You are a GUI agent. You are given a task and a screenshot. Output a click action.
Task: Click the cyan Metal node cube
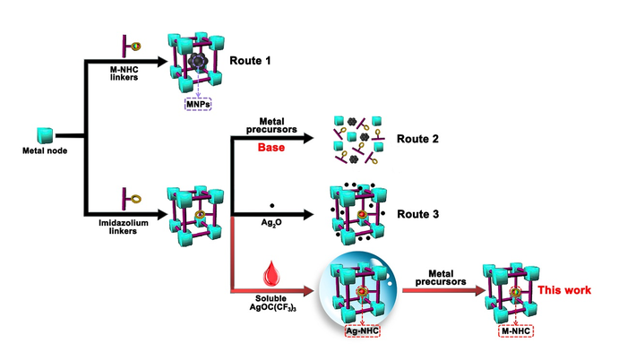point(44,136)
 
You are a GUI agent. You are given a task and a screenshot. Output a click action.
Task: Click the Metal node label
point(42,152)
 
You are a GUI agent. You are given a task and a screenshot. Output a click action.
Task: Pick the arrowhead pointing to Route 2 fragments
point(315,138)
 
